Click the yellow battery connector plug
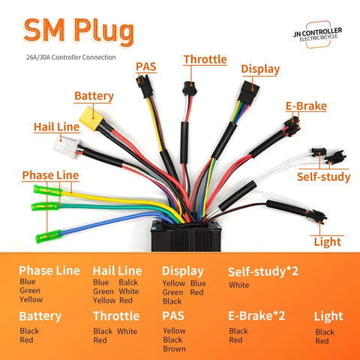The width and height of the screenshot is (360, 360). (91, 118)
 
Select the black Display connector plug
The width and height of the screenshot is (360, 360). (248, 91)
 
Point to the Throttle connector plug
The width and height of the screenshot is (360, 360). (189, 88)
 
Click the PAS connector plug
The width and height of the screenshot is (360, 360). (144, 85)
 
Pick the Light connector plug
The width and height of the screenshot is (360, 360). (316, 215)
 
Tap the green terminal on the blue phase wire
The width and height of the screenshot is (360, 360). (48, 236)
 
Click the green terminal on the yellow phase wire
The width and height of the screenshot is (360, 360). (48, 190)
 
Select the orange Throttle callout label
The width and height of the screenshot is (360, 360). (205, 59)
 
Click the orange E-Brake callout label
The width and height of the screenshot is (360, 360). (306, 106)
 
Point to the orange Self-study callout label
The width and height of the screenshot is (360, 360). (324, 176)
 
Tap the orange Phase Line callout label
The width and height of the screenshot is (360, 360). (50, 175)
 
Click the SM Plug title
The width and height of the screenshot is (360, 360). (79, 31)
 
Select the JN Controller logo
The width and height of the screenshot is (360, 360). (318, 34)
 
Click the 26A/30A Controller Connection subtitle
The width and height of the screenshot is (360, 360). (71, 57)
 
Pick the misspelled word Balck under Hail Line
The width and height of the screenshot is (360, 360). (128, 282)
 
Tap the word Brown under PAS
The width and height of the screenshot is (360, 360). (174, 349)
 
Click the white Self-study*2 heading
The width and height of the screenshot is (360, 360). (263, 271)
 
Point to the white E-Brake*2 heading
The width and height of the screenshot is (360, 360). (256, 316)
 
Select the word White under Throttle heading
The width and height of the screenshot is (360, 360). (127, 331)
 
